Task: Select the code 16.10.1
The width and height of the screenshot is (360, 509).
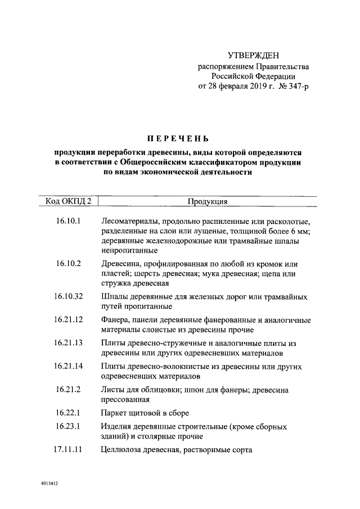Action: tap(69, 221)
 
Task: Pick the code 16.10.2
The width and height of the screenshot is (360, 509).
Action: tap(69, 263)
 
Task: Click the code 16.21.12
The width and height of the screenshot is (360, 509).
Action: tap(69, 319)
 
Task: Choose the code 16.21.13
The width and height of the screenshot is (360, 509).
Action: tap(69, 343)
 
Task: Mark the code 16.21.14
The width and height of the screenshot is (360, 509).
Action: tap(69, 366)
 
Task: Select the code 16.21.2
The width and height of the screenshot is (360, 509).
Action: tap(69, 389)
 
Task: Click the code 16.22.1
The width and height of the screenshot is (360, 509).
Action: tap(69, 413)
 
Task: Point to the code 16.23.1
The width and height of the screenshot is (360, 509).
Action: tap(69, 426)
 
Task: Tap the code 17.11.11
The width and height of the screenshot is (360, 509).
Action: tap(69, 449)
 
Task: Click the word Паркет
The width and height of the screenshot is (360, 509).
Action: tap(115, 413)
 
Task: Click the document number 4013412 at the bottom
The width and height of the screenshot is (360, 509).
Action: tap(49, 483)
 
